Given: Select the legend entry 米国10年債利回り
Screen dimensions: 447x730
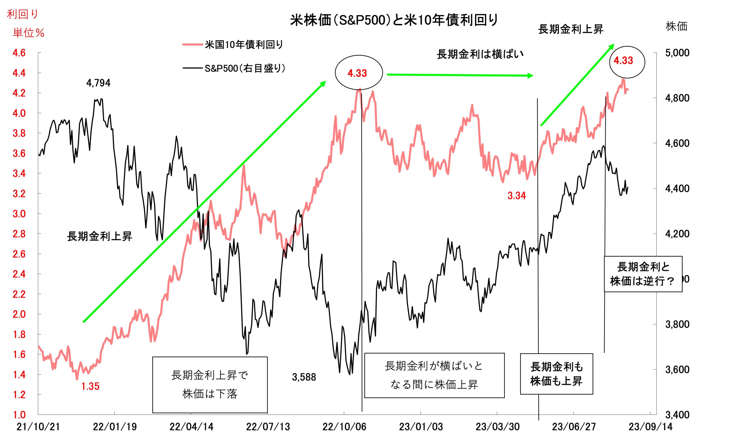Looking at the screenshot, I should pyautogui.click(x=244, y=45).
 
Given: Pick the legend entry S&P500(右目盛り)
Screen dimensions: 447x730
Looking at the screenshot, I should pyautogui.click(x=245, y=69).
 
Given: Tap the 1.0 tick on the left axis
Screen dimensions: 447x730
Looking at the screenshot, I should pyautogui.click(x=19, y=414).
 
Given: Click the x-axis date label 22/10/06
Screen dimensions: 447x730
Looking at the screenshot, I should pyautogui.click(x=344, y=427).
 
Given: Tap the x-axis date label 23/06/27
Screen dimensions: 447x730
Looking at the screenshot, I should pyautogui.click(x=574, y=427).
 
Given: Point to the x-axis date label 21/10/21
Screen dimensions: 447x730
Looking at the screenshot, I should pyautogui.click(x=38, y=427).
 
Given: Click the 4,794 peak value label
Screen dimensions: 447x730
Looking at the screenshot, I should pyautogui.click(x=98, y=83).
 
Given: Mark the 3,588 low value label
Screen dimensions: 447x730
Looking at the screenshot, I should pyautogui.click(x=304, y=377).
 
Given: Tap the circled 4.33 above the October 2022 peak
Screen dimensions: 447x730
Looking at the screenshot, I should pyautogui.click(x=357, y=73).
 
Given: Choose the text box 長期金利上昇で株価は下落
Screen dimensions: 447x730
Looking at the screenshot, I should pyautogui.click(x=210, y=384).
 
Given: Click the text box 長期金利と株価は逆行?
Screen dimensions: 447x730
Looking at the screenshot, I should pyautogui.click(x=643, y=274).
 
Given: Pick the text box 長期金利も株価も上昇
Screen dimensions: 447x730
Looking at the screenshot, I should pyautogui.click(x=556, y=374).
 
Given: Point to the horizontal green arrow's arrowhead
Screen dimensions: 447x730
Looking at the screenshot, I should pyautogui.click(x=530, y=76).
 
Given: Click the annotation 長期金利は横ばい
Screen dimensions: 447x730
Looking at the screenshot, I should pyautogui.click(x=480, y=54).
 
